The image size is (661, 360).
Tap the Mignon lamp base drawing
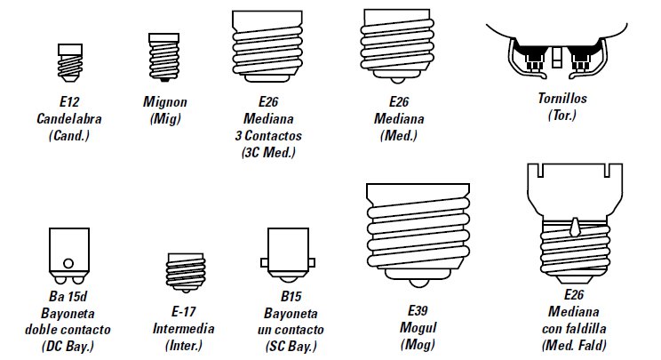160,58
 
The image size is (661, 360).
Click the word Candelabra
64,118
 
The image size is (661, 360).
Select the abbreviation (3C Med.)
268,152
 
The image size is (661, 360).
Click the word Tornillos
562,98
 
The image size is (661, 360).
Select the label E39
418,310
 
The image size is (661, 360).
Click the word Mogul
418,326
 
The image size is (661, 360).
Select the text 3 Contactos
268,135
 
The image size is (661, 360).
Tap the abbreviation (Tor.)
562,116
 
